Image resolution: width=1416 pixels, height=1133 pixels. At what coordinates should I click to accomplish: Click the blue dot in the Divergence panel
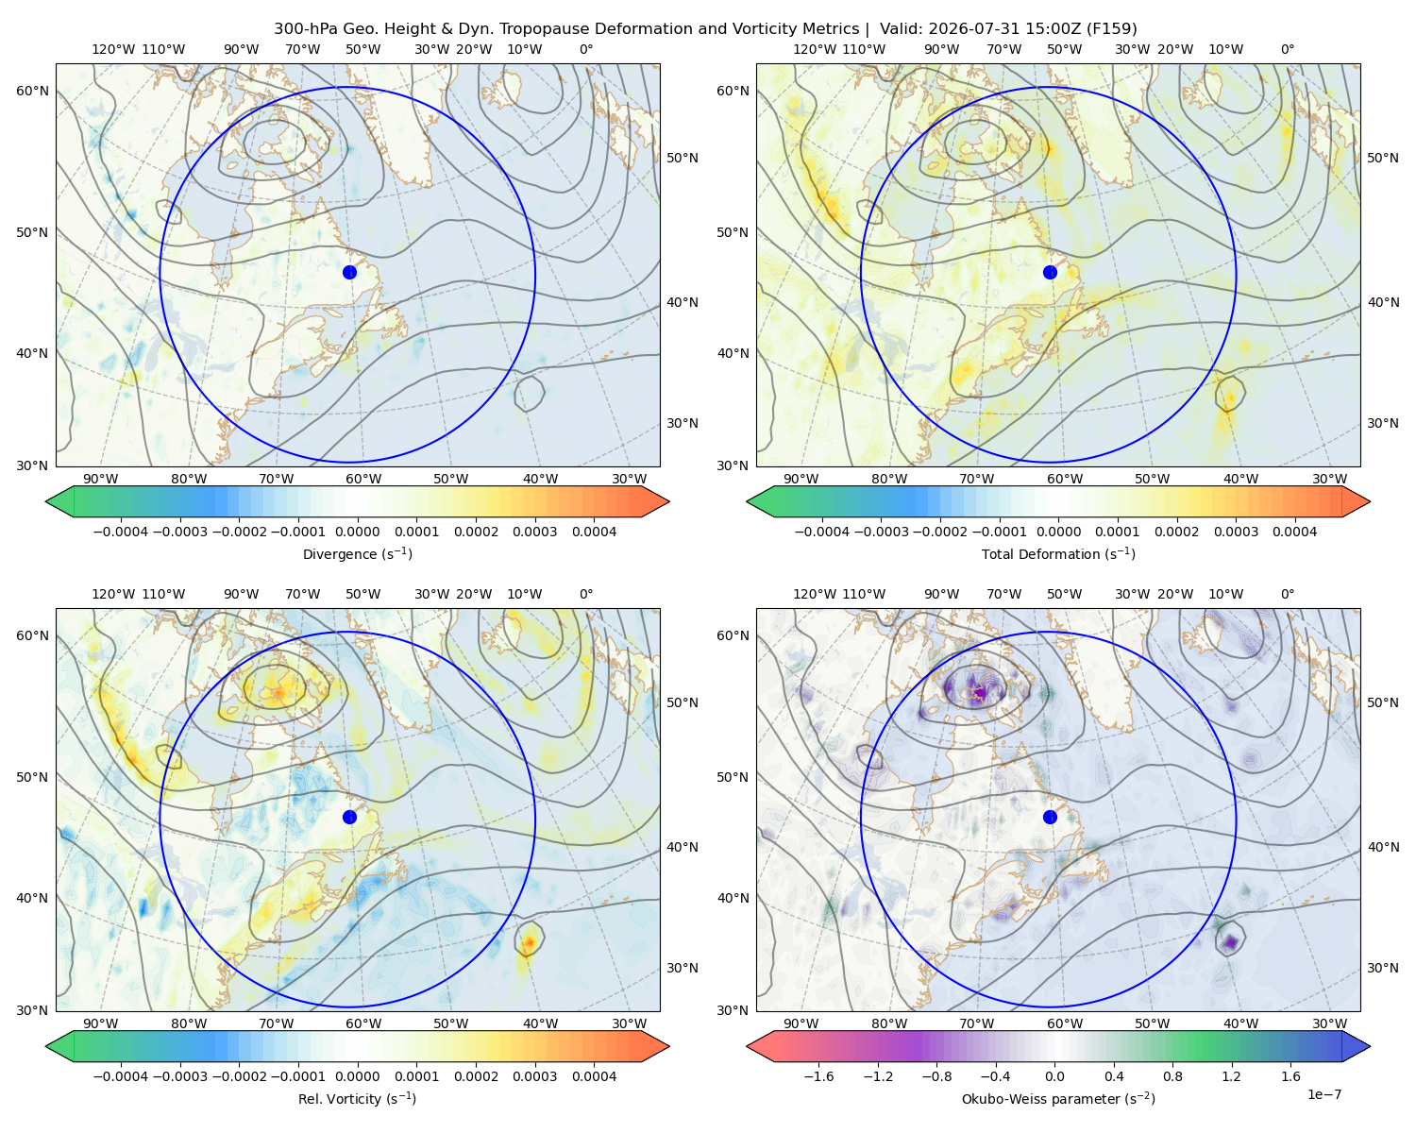[349, 273]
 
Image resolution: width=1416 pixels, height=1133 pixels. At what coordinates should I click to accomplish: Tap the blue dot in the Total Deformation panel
[1050, 273]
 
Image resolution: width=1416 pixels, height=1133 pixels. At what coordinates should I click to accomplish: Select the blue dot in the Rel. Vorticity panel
[349, 817]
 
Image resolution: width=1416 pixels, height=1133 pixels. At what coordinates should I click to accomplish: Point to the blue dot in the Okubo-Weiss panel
[1050, 817]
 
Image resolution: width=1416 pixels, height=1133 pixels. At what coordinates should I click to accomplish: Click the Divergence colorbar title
[357, 554]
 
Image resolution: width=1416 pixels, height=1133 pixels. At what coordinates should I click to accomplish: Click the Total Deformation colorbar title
[1058, 554]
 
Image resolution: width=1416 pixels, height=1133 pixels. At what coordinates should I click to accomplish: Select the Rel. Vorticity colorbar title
[357, 1099]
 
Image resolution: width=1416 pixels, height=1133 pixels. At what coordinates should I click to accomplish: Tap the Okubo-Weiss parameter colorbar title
[1058, 1099]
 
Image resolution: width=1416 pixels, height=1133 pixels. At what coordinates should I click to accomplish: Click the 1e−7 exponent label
[1323, 1094]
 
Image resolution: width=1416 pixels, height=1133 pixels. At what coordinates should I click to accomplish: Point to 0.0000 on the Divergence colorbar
[357, 532]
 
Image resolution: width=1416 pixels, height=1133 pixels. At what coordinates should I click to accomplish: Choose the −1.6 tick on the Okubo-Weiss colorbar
[818, 1076]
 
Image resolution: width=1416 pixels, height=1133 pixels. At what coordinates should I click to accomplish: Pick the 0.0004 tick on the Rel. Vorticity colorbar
[594, 1076]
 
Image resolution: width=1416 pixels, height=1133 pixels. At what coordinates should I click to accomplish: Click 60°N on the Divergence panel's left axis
[32, 91]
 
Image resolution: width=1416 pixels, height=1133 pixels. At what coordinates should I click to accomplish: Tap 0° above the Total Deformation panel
[1287, 49]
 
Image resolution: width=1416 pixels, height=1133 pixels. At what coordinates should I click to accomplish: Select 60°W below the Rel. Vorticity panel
[363, 1023]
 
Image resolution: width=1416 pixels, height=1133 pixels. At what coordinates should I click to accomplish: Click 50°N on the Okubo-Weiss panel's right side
[1382, 702]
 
